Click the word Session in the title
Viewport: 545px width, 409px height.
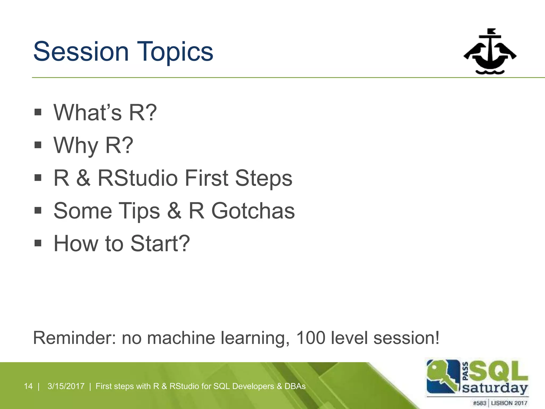pyautogui.click(x=81, y=51)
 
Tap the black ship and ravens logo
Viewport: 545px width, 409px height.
pyautogui.click(x=490, y=52)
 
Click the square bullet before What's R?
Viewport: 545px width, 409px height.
pyautogui.click(x=38, y=112)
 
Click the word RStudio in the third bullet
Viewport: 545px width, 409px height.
pyautogui.click(x=138, y=178)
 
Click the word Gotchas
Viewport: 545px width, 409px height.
pyautogui.click(x=253, y=211)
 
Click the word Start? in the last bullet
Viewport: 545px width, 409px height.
pyautogui.click(x=160, y=243)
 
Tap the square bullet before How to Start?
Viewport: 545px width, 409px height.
pyautogui.click(x=38, y=243)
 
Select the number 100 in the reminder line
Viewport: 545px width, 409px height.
pyautogui.click(x=311, y=338)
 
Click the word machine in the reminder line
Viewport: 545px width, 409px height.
pyautogui.click(x=181, y=338)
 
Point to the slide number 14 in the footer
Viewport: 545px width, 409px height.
pyautogui.click(x=28, y=386)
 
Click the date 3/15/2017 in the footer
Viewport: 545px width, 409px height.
pyautogui.click(x=66, y=386)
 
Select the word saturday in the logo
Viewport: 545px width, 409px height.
pyautogui.click(x=495, y=388)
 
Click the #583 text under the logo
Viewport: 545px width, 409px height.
pyautogui.click(x=480, y=403)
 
